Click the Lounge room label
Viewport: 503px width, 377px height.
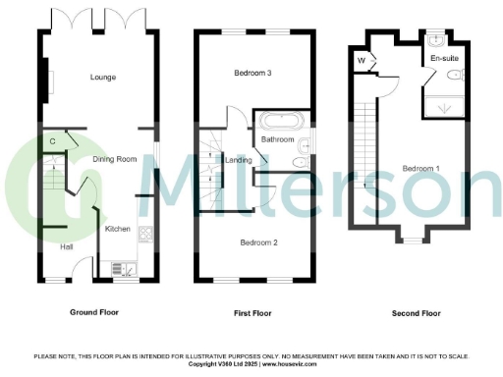[103, 77]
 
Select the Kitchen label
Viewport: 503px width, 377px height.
[118, 228]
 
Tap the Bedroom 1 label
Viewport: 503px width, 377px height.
[420, 168]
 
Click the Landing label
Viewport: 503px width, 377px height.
[239, 160]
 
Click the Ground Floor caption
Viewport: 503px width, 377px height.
[96, 312]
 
